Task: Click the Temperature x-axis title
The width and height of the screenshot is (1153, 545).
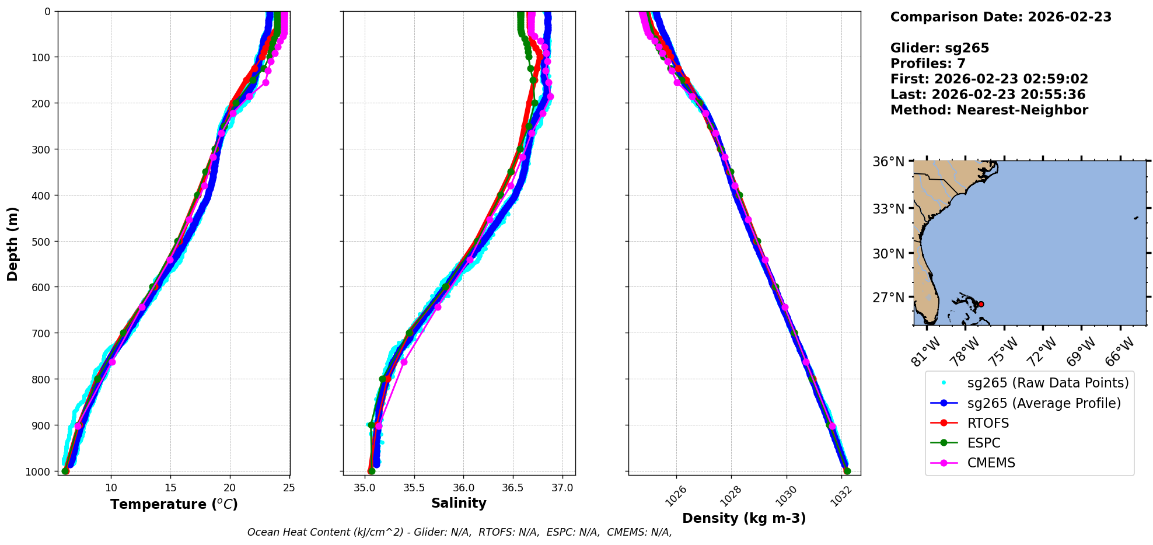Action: click(x=174, y=504)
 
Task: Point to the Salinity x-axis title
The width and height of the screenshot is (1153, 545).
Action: click(x=459, y=503)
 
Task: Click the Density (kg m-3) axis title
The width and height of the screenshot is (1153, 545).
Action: click(x=744, y=518)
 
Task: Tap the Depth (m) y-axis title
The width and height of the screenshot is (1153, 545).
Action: click(x=13, y=243)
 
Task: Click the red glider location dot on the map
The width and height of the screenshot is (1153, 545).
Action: click(x=980, y=304)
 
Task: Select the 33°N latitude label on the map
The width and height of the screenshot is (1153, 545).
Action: click(x=888, y=208)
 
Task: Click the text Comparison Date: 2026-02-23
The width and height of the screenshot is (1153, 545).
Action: click(x=1001, y=17)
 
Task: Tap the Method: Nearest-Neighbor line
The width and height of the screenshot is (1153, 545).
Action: click(x=989, y=110)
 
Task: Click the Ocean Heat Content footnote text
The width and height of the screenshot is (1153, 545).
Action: click(x=459, y=532)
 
